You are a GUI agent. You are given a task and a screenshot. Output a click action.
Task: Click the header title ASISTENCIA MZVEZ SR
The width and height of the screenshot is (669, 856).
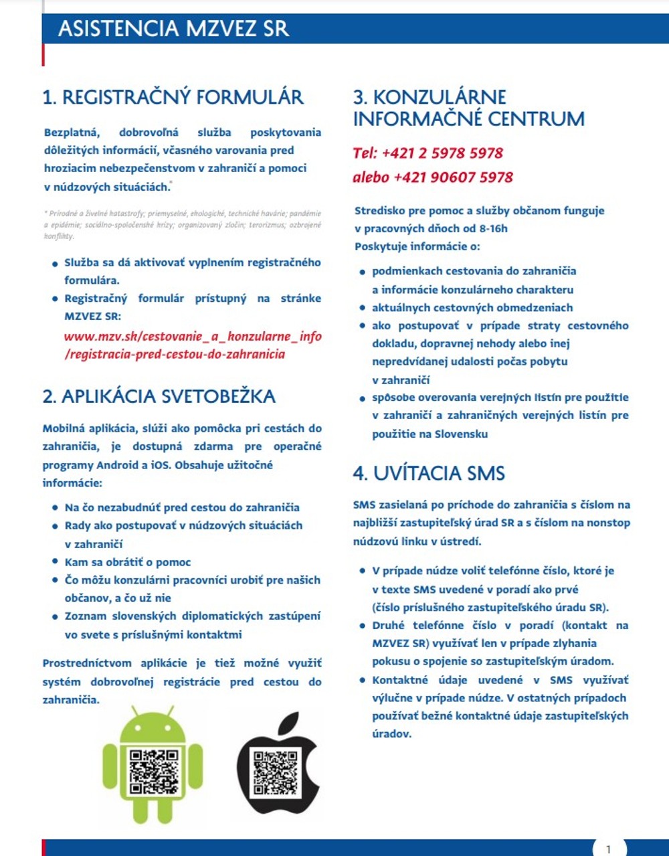(x=173, y=29)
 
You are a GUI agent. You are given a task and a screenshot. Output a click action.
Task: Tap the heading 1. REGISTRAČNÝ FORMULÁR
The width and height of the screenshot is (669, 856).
(x=173, y=98)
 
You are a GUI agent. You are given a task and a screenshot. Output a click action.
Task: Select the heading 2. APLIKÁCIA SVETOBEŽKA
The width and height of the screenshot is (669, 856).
(x=159, y=396)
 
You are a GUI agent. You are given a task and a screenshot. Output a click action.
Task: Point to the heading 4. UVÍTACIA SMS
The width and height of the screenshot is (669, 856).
(x=429, y=474)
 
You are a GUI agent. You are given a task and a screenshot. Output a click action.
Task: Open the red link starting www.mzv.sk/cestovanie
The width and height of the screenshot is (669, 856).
(x=193, y=345)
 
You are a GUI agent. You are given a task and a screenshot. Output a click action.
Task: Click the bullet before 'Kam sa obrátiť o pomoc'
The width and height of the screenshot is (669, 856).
(x=56, y=563)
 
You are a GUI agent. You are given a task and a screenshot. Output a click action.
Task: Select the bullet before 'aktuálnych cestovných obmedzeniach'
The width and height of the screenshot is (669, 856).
(x=363, y=309)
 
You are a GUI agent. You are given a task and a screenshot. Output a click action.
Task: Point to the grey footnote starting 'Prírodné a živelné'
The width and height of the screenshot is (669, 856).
(x=182, y=225)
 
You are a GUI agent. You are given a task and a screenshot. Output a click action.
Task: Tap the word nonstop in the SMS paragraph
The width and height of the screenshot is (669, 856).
(x=609, y=523)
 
